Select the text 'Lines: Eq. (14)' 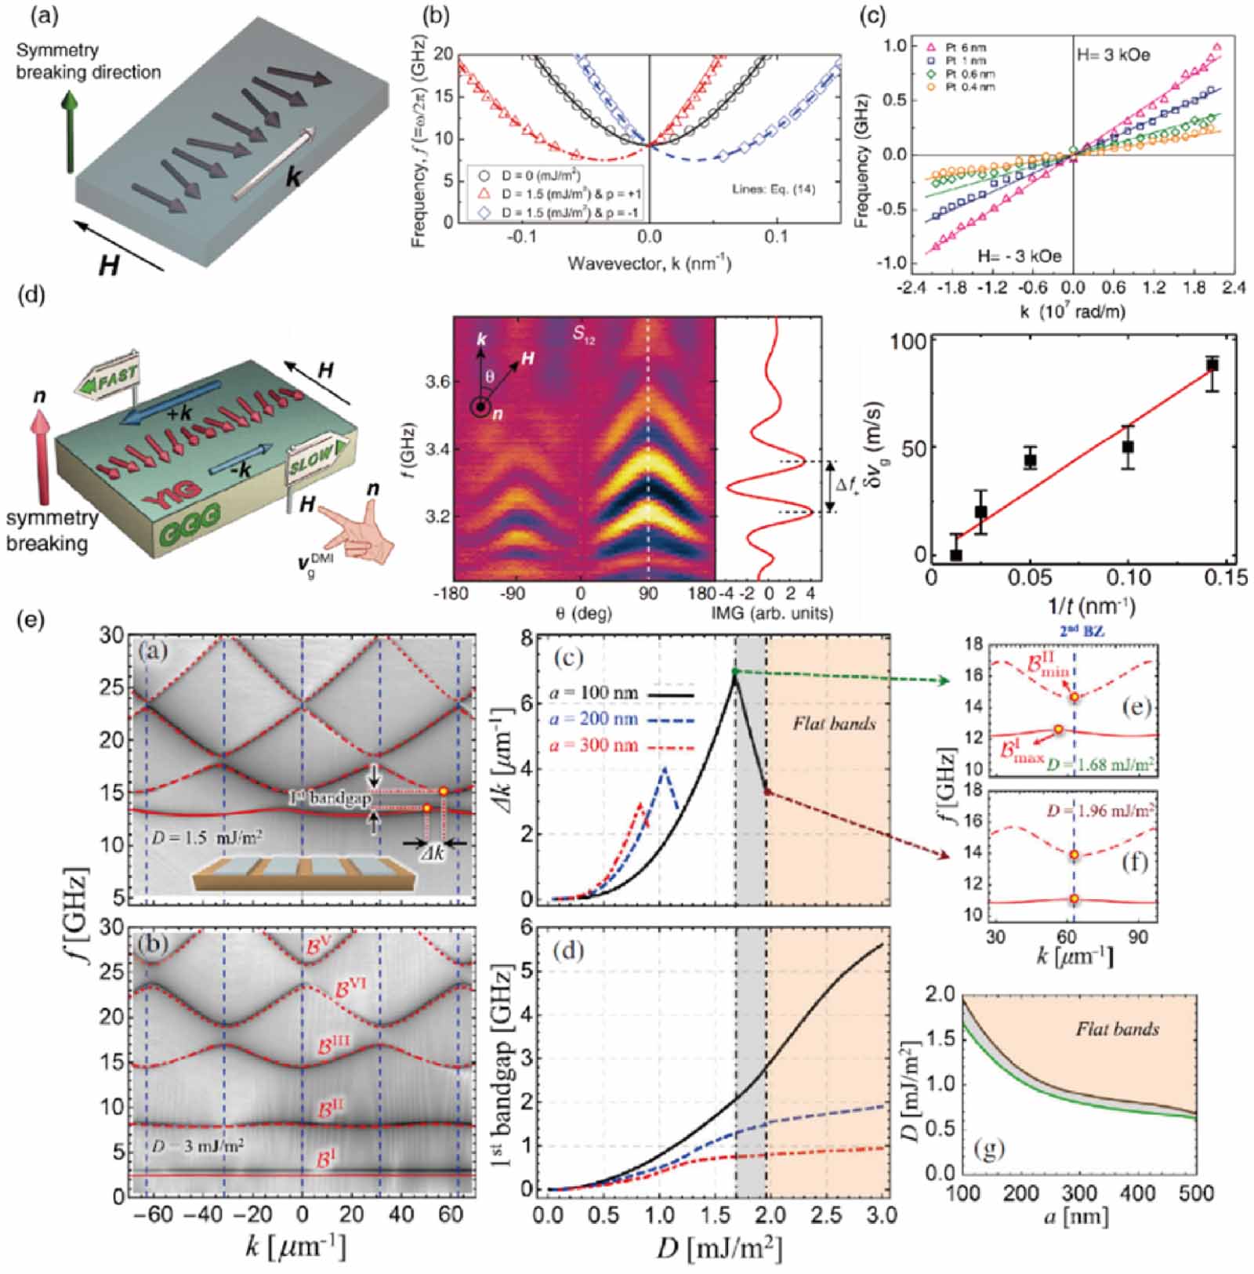tap(773, 188)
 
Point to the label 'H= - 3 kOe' tap(1019, 256)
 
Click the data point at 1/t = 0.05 tap(1031, 460)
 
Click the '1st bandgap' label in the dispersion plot tap(330, 798)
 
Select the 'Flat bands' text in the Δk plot tap(834, 723)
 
